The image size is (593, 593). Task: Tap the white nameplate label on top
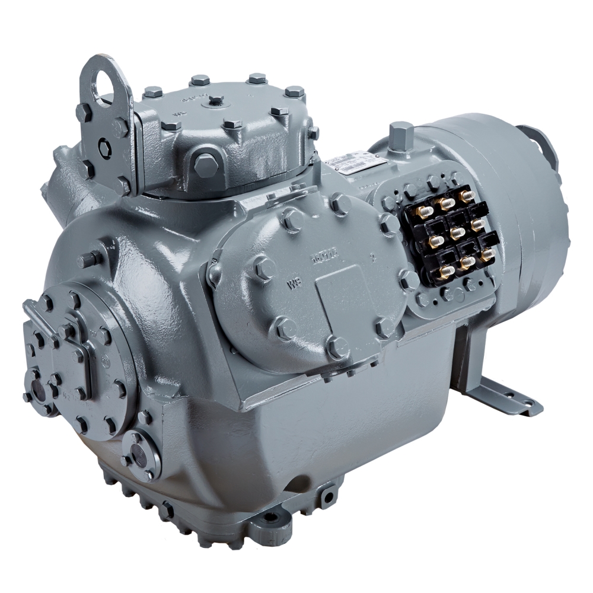point(354,162)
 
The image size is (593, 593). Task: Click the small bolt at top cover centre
point(216,100)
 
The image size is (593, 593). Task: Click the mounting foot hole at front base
point(269,518)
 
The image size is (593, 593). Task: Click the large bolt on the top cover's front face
point(205,161)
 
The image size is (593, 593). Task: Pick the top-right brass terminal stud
point(467,195)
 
